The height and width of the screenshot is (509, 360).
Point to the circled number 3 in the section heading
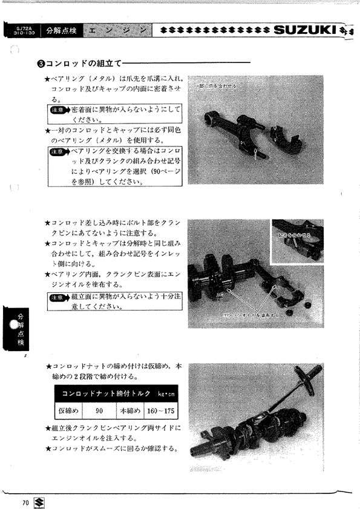point(41,63)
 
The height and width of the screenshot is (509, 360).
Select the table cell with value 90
point(98,410)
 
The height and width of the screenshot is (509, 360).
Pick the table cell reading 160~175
point(160,410)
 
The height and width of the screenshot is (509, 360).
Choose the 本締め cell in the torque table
point(129,410)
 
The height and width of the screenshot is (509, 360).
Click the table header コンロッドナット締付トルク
point(100,393)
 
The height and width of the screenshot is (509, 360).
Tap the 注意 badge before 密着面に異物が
point(59,110)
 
